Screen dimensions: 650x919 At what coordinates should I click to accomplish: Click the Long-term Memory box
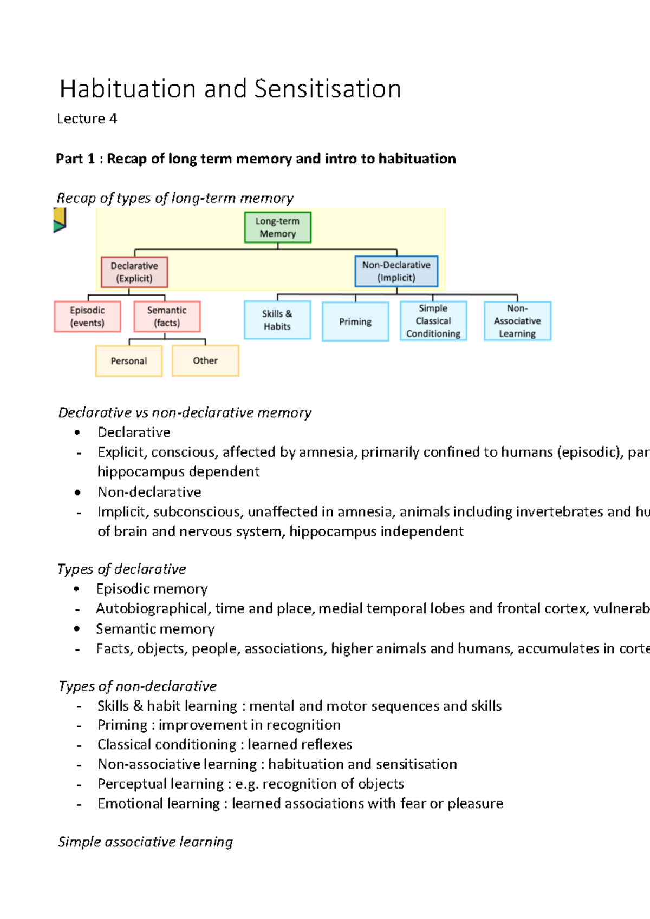[277, 227]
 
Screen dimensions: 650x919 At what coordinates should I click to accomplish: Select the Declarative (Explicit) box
[134, 272]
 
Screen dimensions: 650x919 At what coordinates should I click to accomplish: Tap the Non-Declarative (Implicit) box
[396, 271]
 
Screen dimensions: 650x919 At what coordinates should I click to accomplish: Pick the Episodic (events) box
[87, 317]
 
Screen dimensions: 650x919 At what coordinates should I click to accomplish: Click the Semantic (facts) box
[167, 317]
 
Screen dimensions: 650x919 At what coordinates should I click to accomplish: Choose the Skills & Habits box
[277, 320]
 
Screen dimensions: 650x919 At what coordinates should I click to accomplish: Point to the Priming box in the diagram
[355, 321]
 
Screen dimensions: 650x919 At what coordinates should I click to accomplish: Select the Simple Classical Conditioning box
[433, 321]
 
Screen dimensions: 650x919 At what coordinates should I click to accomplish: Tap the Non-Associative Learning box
[517, 321]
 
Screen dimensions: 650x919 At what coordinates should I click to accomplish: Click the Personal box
[129, 361]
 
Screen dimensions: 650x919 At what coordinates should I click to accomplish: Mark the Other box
[205, 360]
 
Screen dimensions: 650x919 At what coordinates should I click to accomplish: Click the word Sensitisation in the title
[327, 89]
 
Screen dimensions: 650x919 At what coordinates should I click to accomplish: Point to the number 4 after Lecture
[113, 119]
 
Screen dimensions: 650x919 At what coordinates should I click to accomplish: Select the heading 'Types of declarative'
[122, 569]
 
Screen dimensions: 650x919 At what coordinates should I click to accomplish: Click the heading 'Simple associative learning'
[146, 842]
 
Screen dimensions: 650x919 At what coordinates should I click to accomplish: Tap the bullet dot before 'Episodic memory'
[77, 589]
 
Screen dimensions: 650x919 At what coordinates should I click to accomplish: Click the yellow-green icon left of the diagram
[60, 220]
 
